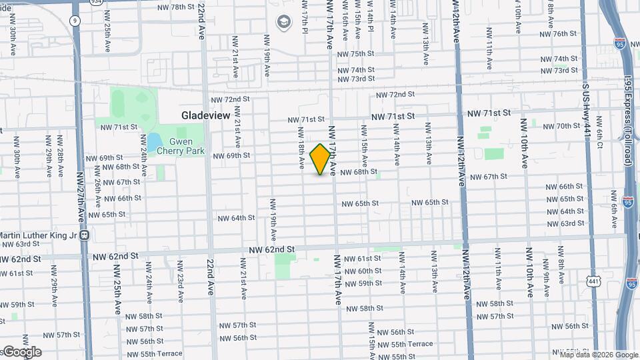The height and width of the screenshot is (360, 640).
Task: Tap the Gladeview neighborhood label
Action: pos(205,115)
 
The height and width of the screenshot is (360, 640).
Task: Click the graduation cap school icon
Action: pos(285,23)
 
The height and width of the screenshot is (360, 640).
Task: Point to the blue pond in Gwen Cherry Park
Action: pos(152,141)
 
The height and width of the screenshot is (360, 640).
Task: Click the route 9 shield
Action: pos(75,21)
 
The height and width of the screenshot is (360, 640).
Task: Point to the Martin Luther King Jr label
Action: pos(37,235)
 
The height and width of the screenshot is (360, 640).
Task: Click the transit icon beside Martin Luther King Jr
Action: pos(85,235)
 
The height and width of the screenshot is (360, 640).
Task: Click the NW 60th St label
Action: pos(365,271)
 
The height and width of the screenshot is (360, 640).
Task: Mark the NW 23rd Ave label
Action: pos(179,285)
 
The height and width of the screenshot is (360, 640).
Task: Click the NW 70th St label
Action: pos(559,125)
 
